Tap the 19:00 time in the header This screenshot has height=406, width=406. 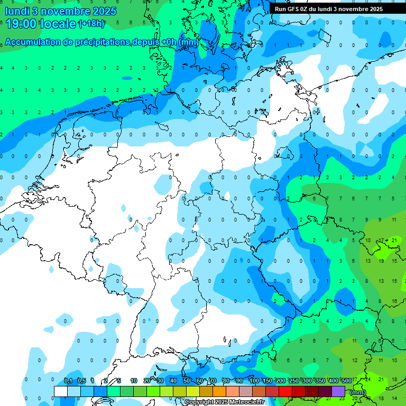(22, 24)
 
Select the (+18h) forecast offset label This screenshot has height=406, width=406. (91, 24)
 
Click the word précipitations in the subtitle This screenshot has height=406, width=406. (100, 42)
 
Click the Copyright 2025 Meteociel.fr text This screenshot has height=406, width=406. (224, 402)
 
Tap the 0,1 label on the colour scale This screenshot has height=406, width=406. (68, 381)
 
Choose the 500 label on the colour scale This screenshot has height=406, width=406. (347, 381)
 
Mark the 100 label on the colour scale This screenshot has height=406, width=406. (254, 381)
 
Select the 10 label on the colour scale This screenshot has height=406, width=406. (134, 381)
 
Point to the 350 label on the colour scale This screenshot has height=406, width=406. (320, 381)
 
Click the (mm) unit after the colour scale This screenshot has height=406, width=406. (358, 392)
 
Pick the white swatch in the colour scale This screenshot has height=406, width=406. (61, 391)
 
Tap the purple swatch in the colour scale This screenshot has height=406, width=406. (338, 391)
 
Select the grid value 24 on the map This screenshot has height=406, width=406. (367, 379)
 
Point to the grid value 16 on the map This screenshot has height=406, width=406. (394, 301)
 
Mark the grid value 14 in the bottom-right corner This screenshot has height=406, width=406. (394, 398)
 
